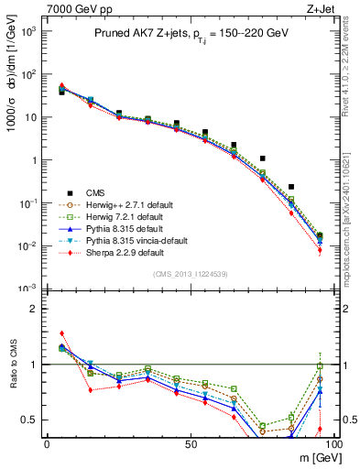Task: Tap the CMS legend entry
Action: (x=97, y=192)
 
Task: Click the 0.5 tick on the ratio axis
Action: (x=29, y=420)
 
